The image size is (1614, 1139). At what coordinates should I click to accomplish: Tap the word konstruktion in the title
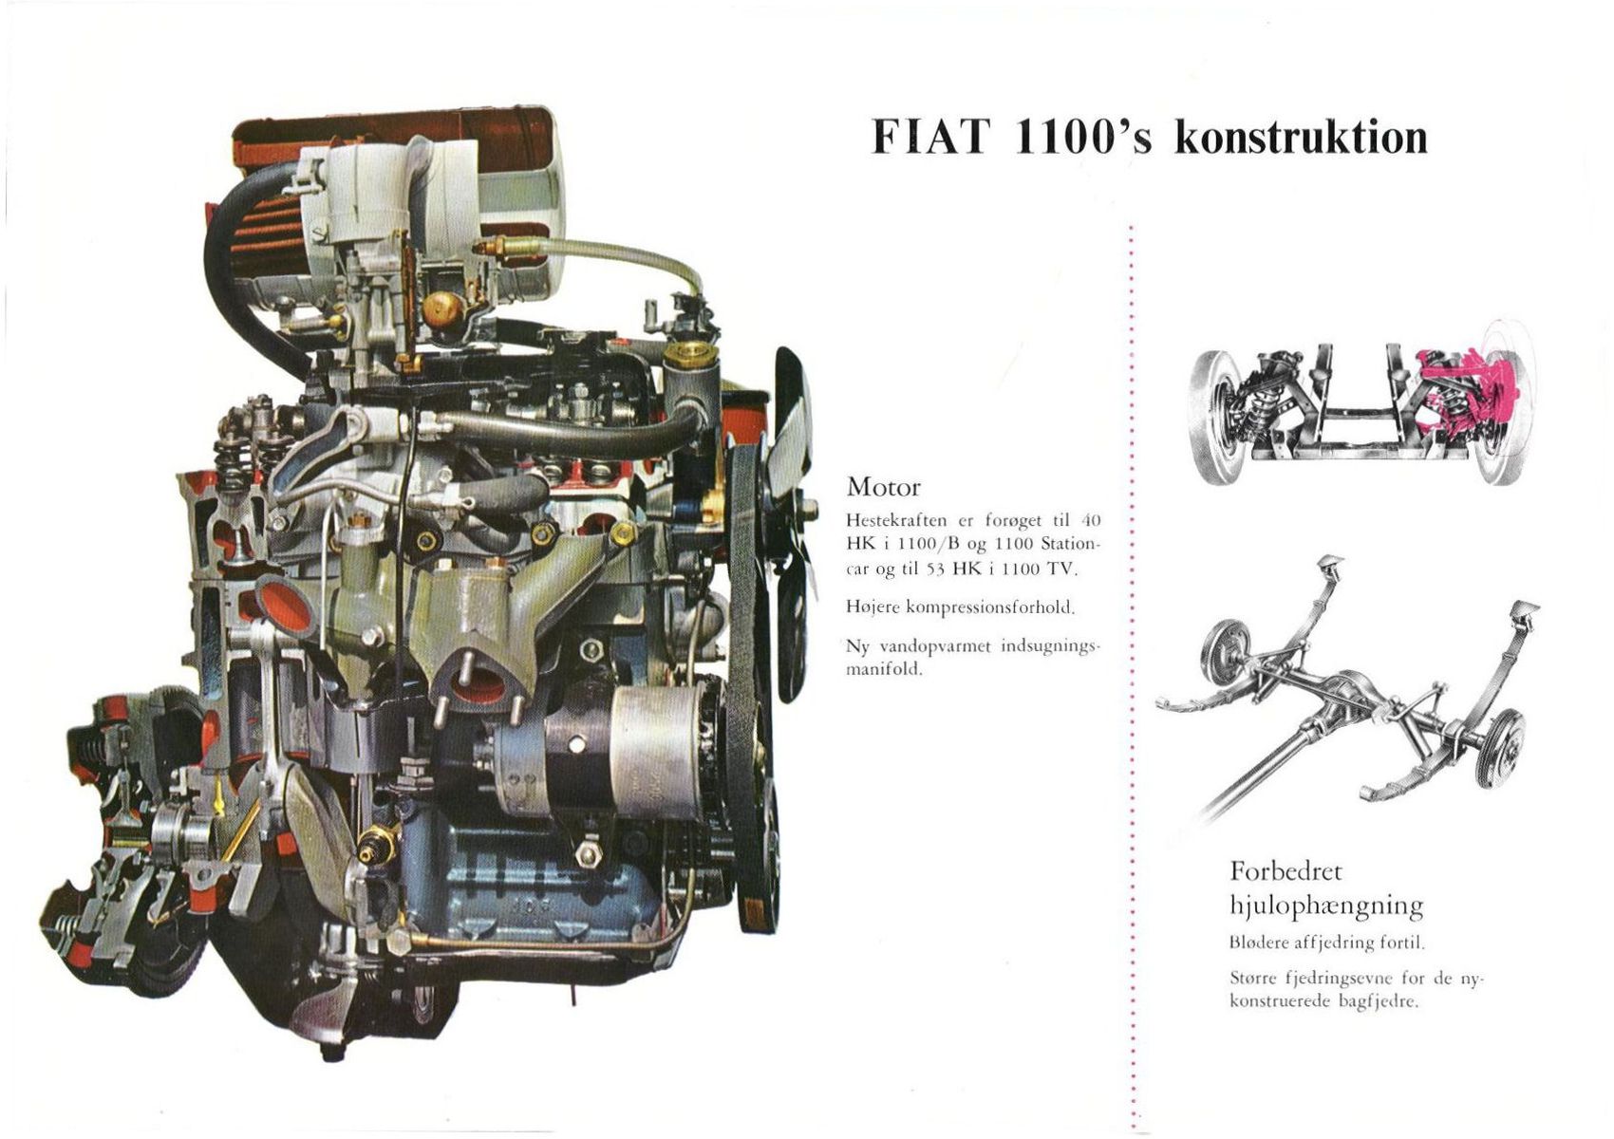pos(1301,138)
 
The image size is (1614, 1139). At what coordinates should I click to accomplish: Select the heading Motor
pos(883,488)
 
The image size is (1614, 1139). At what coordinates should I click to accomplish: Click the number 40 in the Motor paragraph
pos(1091,520)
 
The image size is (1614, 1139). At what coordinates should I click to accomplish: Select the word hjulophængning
pos(1326,906)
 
